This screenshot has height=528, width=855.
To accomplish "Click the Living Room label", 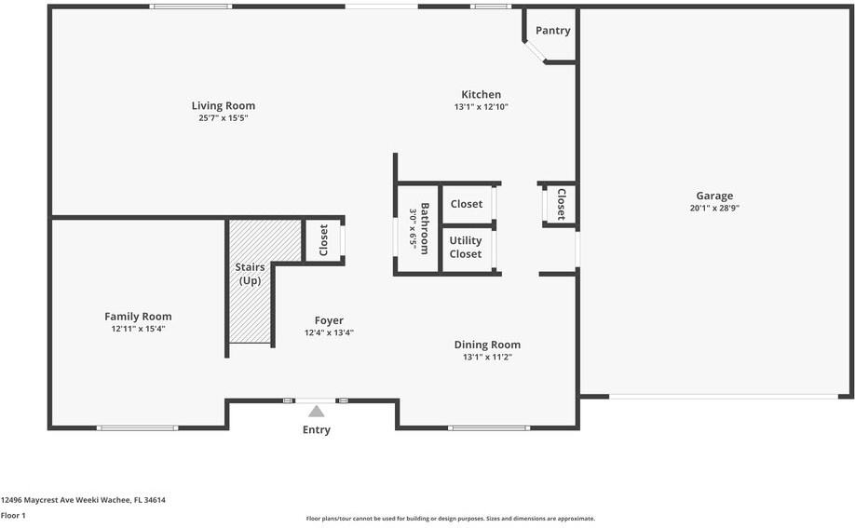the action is [x=223, y=106].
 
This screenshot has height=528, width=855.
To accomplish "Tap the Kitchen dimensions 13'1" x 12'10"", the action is [x=481, y=107].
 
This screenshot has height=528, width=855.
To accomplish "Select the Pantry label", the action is [x=553, y=31].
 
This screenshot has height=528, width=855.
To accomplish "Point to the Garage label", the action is [x=714, y=196].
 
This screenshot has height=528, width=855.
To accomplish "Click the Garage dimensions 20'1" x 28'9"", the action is [x=714, y=208].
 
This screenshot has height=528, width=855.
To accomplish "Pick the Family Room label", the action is [x=138, y=317].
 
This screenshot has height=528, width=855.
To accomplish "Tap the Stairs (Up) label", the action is [x=250, y=274].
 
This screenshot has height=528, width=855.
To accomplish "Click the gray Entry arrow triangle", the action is [x=317, y=412].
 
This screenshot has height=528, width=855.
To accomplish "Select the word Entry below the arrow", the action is [x=317, y=430].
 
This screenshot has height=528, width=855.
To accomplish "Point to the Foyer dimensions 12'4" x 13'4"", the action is [x=329, y=332].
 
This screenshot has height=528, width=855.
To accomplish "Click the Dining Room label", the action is [x=487, y=345].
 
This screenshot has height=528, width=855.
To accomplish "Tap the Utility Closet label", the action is [x=466, y=247].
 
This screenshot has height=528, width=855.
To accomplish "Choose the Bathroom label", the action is [x=425, y=228].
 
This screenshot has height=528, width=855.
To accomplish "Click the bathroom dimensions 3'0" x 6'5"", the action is [x=413, y=229].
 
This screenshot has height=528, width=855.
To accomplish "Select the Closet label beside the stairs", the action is [x=323, y=240].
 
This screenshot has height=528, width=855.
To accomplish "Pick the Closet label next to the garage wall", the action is [x=561, y=204].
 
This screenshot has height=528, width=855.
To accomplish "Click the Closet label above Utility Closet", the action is [x=467, y=204].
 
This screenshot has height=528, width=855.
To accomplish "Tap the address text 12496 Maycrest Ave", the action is [x=37, y=500].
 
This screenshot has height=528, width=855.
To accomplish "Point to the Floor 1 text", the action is [x=13, y=516].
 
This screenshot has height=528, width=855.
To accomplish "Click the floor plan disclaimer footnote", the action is [x=451, y=519].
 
